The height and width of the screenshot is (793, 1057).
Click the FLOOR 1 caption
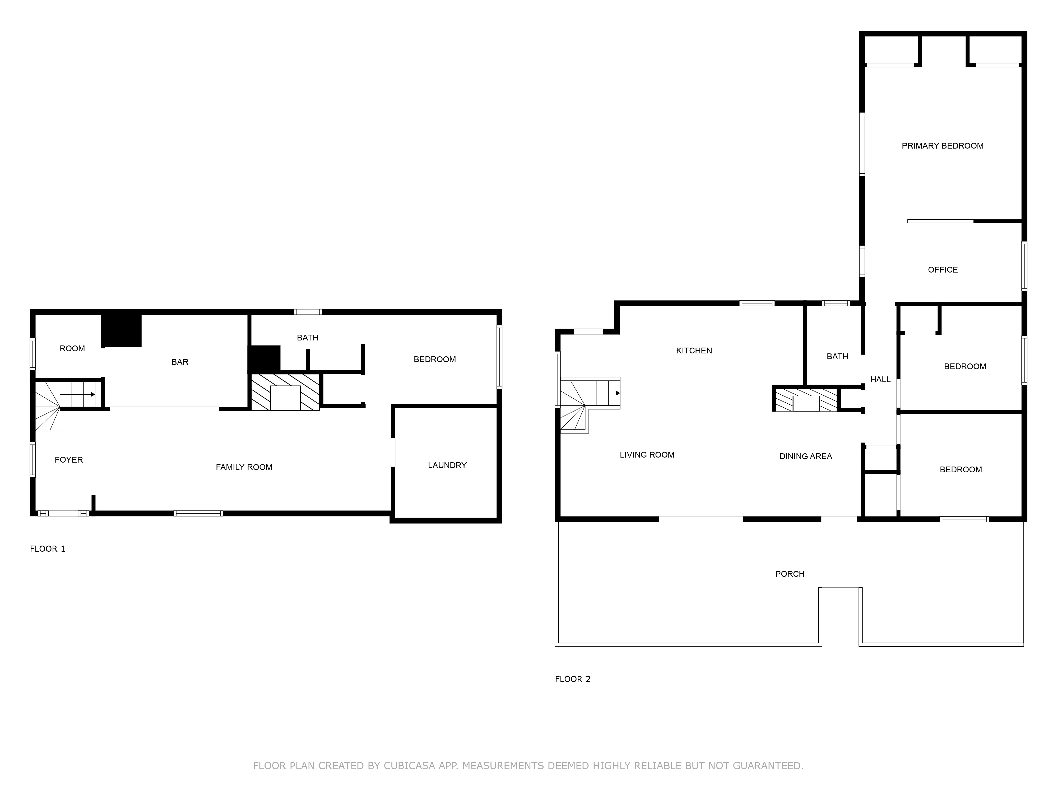(x=47, y=549)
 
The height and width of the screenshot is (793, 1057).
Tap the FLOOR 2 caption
(x=572, y=679)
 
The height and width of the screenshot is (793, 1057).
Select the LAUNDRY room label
(x=447, y=465)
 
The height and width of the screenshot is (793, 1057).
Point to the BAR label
(x=180, y=362)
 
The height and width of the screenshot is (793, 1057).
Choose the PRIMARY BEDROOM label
(x=942, y=146)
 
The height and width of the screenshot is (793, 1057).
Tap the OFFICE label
(x=942, y=270)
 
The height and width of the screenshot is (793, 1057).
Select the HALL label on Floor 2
(x=880, y=380)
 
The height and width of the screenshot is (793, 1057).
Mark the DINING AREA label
(x=806, y=457)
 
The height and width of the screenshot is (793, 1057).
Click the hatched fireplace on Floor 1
(x=285, y=392)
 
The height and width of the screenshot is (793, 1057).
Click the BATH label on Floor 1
(x=307, y=338)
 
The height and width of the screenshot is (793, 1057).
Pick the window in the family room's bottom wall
(x=198, y=513)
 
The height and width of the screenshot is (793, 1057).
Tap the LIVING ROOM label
(x=647, y=455)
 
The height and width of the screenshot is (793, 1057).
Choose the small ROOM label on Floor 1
(x=72, y=348)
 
